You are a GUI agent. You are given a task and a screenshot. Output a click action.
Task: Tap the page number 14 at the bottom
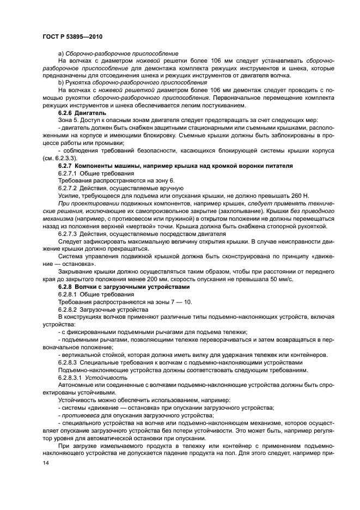[x=45, y=463]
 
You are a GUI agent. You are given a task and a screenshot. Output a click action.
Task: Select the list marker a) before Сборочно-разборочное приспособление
[x=60, y=53]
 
